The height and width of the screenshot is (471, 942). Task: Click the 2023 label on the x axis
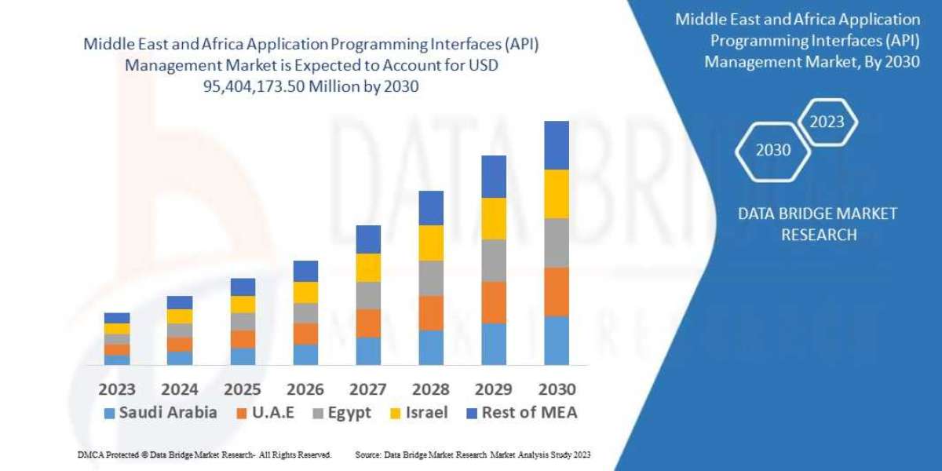tap(116, 389)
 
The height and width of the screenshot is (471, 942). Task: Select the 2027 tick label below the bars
tap(367, 389)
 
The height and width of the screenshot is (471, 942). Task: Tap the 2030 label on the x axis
tap(556, 389)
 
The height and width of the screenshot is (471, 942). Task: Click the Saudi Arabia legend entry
tap(160, 413)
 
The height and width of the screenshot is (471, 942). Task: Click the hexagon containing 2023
tap(827, 122)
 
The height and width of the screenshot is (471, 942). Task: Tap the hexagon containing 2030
tap(773, 150)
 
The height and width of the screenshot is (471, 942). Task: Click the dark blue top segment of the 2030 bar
tap(556, 145)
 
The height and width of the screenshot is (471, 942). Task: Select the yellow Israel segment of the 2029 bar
tap(494, 218)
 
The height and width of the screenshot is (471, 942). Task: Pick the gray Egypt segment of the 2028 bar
tap(431, 278)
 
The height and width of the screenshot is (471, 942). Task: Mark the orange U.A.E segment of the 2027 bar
tap(368, 323)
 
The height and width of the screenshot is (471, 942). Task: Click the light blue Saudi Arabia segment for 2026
tap(305, 354)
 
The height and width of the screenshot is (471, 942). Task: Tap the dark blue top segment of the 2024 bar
tap(180, 302)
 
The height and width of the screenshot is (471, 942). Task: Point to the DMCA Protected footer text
tap(203, 455)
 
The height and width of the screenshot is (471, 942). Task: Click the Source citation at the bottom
tap(473, 455)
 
